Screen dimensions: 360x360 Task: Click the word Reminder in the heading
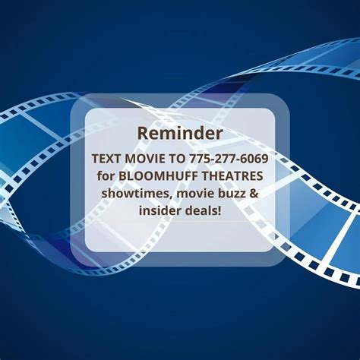tap(179, 133)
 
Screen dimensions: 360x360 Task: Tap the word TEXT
tap(106, 160)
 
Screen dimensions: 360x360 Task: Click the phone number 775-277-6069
tap(227, 160)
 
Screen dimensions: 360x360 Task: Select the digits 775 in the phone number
tap(200, 160)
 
